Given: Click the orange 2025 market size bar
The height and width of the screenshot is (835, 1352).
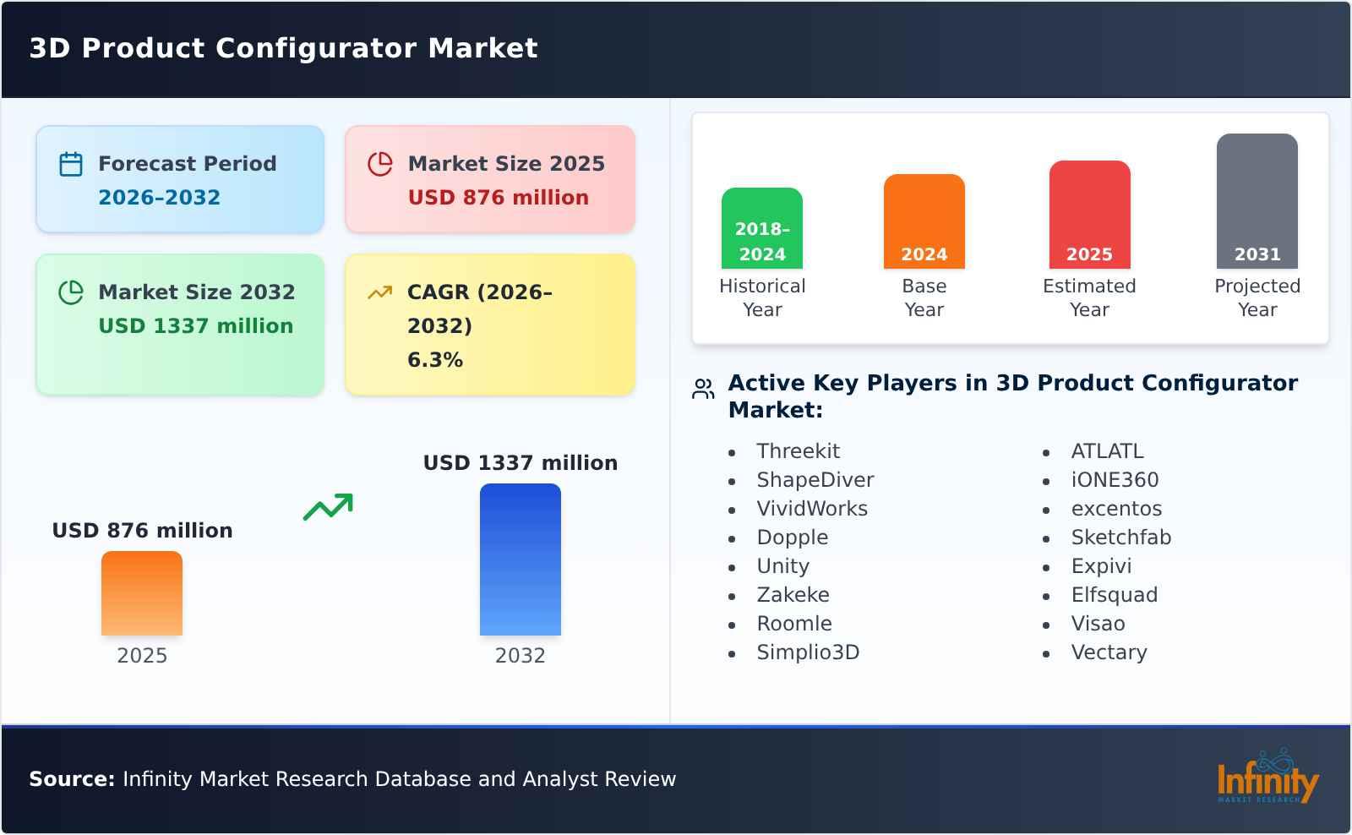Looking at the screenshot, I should (x=142, y=593).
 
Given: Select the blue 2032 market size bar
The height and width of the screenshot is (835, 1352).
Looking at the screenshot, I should (x=520, y=559).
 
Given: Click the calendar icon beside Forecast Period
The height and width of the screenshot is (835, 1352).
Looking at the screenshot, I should (x=71, y=164).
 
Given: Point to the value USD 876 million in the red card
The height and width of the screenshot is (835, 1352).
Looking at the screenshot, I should (x=498, y=198).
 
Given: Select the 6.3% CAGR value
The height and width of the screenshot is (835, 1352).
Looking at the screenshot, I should (x=434, y=360).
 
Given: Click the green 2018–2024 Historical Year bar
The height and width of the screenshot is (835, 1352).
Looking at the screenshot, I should (x=761, y=228).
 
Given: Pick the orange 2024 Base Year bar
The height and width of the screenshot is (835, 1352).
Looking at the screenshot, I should (x=924, y=221).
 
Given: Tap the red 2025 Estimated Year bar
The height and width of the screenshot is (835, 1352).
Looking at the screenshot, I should (x=1089, y=215).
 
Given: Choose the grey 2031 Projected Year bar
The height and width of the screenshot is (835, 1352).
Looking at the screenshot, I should (x=1257, y=201).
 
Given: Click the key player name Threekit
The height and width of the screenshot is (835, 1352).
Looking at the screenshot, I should (x=798, y=451).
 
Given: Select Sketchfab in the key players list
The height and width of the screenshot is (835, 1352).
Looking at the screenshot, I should (x=1120, y=538).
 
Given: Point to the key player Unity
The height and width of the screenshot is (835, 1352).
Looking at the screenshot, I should (x=782, y=566).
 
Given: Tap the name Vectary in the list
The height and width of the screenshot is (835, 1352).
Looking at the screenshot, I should (x=1109, y=652).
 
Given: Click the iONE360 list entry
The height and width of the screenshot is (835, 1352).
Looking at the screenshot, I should (x=1115, y=480).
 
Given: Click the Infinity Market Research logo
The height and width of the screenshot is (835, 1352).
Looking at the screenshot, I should (x=1267, y=778).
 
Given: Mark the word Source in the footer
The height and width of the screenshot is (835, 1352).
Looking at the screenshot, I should (x=71, y=779).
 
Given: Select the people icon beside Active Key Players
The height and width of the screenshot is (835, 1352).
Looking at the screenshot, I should (x=703, y=389).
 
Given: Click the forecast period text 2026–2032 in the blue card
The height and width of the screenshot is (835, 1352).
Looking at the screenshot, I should (x=159, y=198).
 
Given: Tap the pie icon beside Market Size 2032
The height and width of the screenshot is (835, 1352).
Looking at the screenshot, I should (x=71, y=292).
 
